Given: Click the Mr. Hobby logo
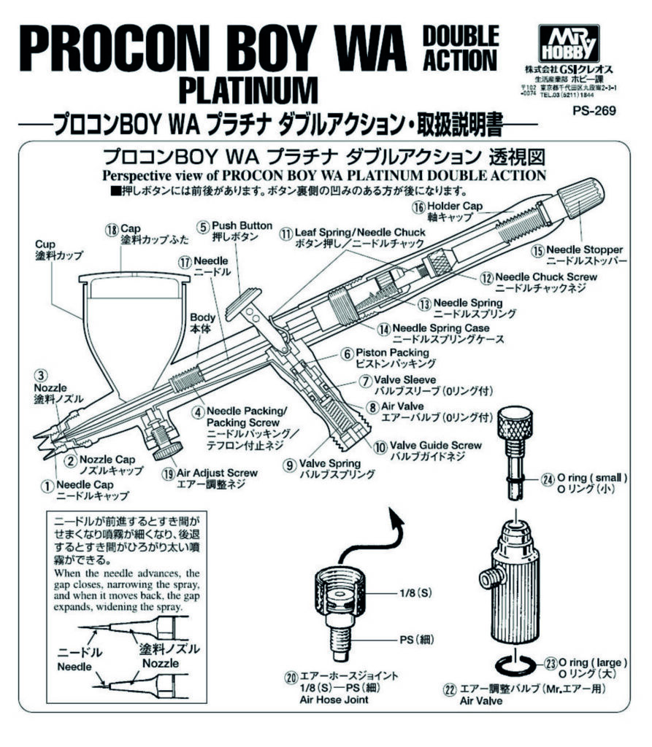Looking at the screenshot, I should (x=567, y=43).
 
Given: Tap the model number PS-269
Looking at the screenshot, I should (x=594, y=112).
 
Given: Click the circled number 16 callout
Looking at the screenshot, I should (x=418, y=207).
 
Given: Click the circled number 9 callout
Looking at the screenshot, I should (x=291, y=463).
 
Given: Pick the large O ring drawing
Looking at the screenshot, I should (x=515, y=665).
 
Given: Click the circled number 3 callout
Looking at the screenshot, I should (x=42, y=376).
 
